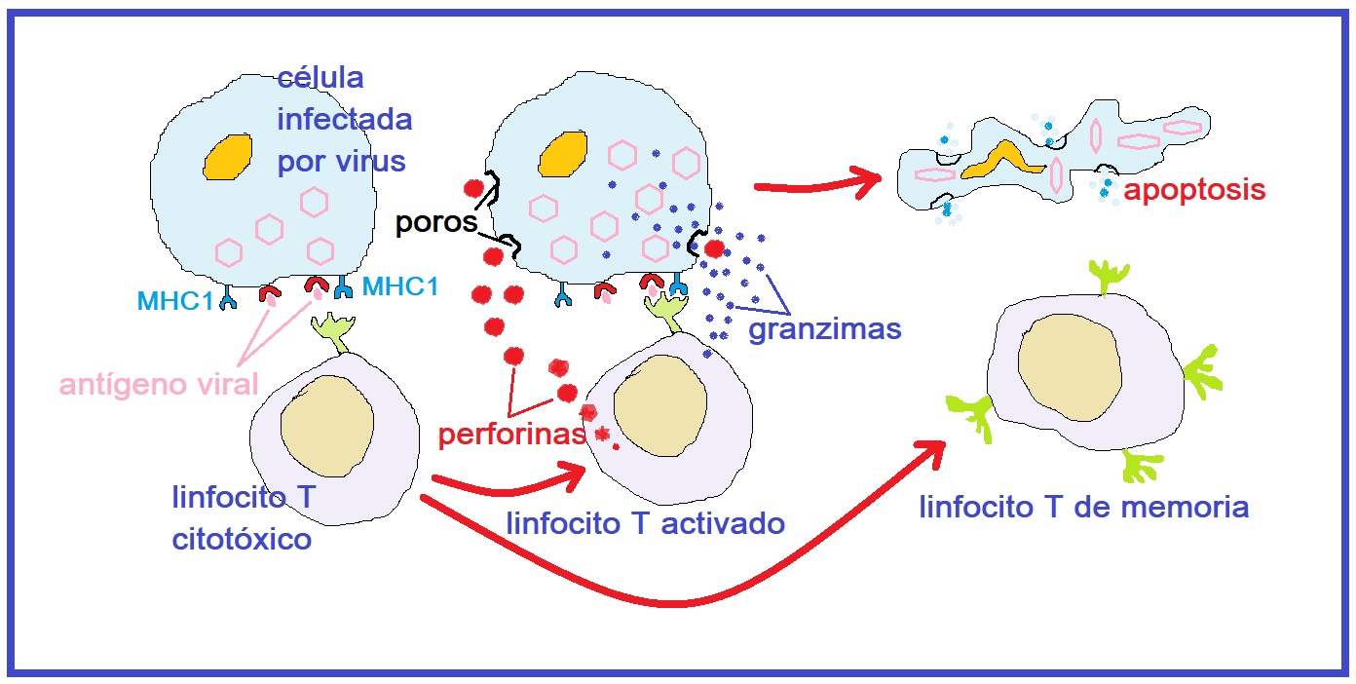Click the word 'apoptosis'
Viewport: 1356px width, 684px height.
[x=1194, y=189]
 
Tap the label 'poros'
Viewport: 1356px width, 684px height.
[x=435, y=223]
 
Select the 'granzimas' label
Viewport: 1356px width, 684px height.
[x=824, y=329]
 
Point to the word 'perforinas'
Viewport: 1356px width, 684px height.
[x=511, y=435]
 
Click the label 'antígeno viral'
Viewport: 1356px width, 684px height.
[x=159, y=384]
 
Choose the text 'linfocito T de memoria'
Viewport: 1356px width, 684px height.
[x=1084, y=507]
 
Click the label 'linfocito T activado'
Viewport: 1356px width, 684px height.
[x=645, y=523]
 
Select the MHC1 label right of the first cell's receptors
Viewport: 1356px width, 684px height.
[x=399, y=286]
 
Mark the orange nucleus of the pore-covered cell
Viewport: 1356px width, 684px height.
[x=562, y=156]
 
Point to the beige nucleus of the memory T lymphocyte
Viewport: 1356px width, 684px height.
[x=1068, y=369]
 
